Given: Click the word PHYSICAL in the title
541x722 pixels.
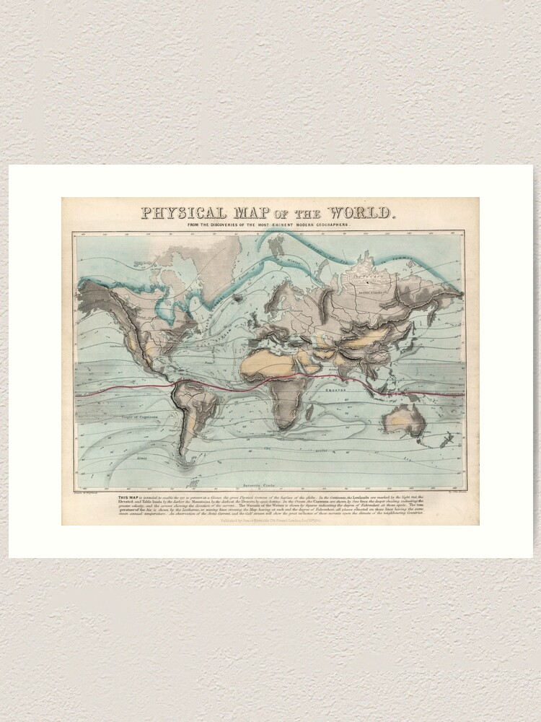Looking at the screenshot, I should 182,214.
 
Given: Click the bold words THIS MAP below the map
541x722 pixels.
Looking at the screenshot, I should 127,497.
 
